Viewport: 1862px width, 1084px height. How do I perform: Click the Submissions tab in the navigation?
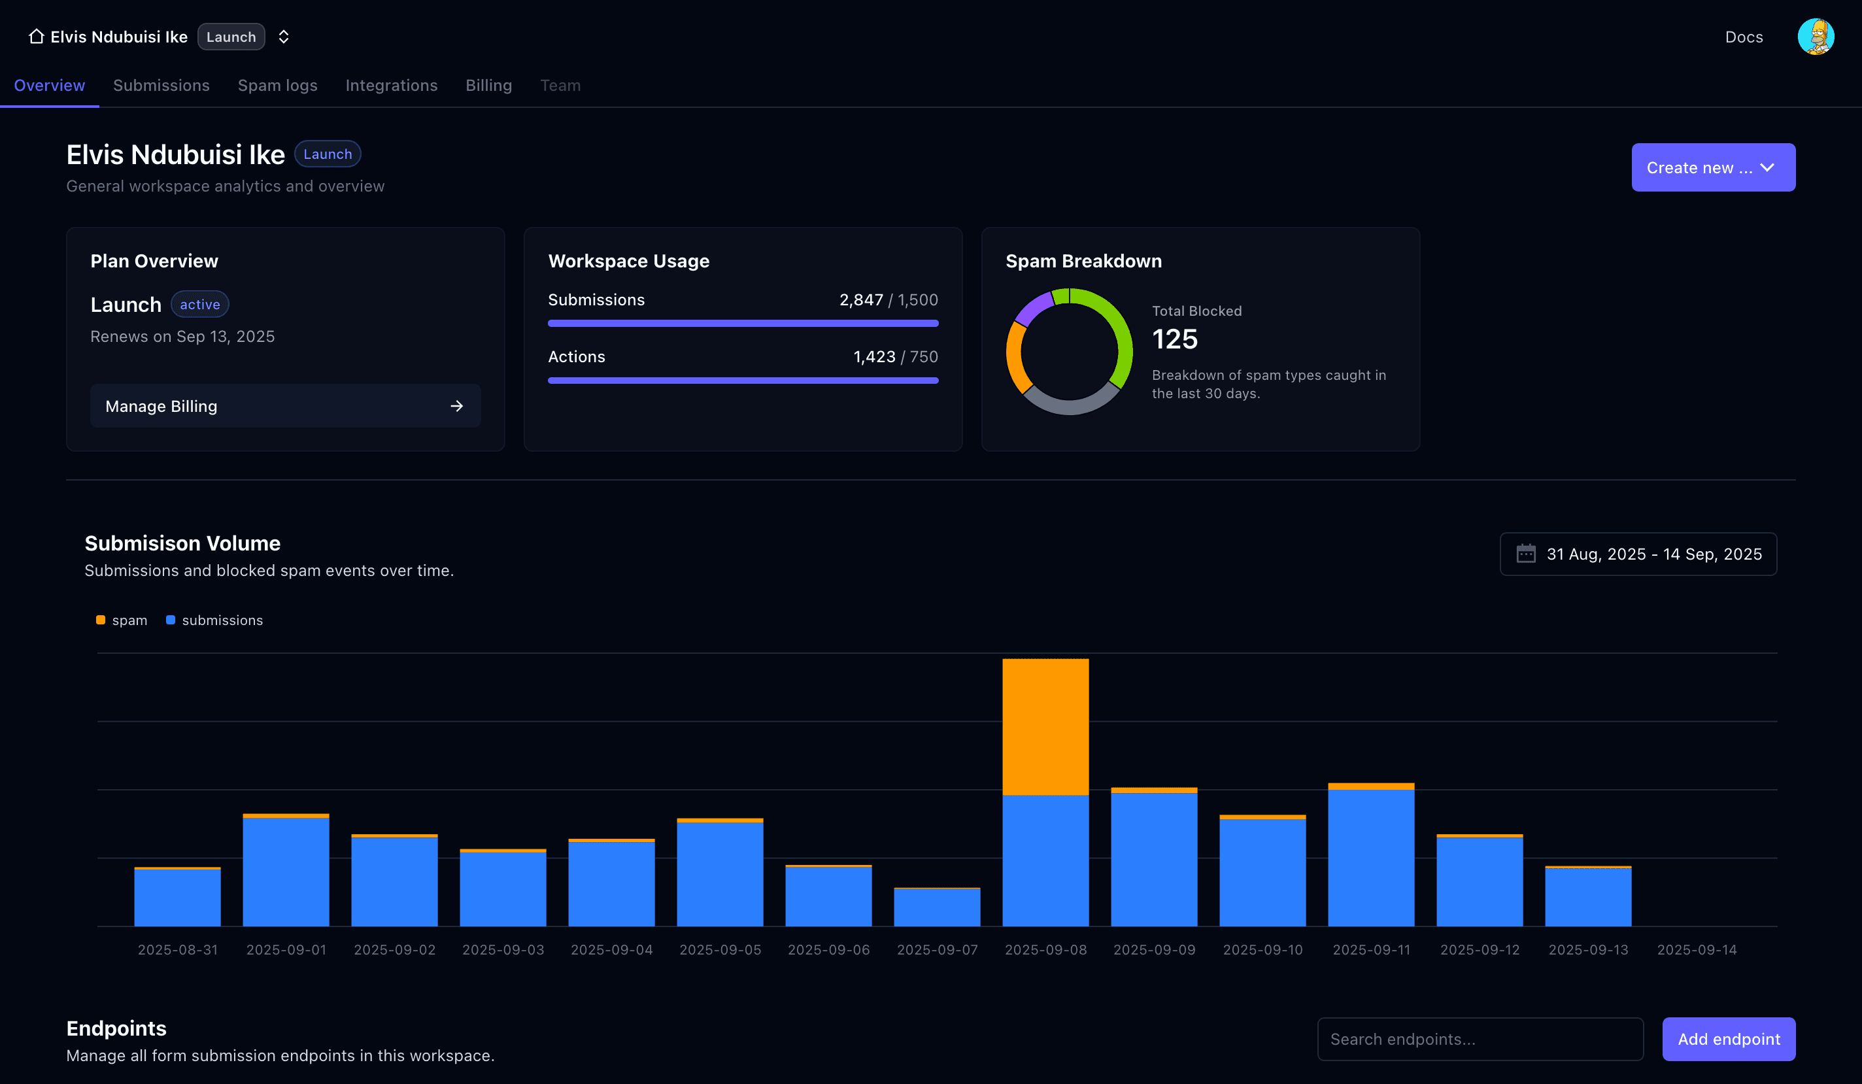pos(161,86)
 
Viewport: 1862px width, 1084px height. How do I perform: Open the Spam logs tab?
pos(277,86)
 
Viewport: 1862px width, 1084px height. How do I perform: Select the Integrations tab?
pos(391,86)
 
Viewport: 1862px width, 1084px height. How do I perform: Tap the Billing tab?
pos(488,86)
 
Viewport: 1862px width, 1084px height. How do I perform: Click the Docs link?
pos(1744,37)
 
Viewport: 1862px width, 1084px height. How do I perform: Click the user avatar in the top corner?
pos(1816,37)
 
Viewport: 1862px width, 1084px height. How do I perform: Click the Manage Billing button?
pos(285,405)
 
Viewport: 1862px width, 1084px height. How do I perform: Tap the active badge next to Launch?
pos(199,305)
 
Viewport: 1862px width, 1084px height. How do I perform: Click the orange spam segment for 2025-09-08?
pos(1045,726)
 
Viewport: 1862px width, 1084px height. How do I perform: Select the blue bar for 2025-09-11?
pos(1370,857)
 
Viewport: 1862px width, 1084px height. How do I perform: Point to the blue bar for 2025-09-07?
pos(937,907)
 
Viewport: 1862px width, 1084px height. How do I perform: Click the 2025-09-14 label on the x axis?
pos(1697,949)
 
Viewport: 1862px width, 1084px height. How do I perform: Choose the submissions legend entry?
pos(215,620)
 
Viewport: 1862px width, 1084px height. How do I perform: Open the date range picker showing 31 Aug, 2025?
pos(1638,554)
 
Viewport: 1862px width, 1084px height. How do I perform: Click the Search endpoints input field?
pos(1480,1039)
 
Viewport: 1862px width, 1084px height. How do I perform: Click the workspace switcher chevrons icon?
pos(284,37)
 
